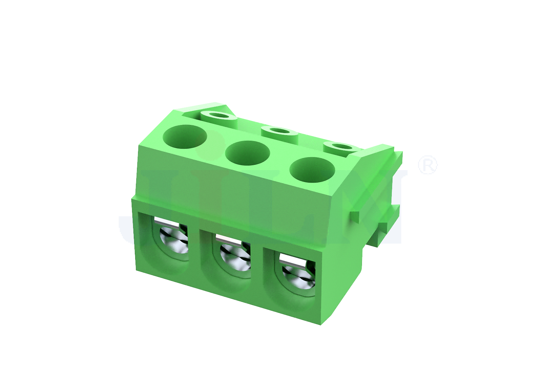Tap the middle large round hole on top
[247, 153]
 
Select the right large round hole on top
[312, 170]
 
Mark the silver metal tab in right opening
[293, 259]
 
